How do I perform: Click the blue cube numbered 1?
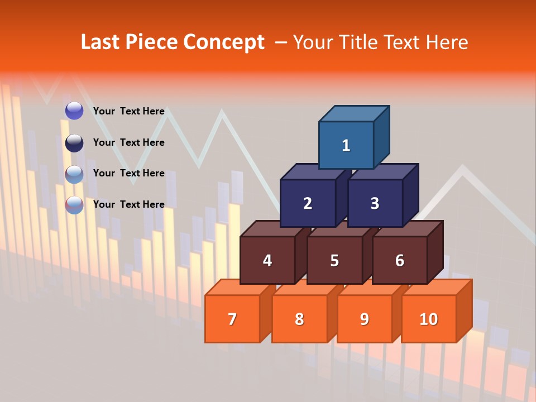point(346,145)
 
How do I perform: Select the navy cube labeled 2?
point(308,203)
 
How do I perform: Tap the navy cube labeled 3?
point(375,203)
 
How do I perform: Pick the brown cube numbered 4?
point(267,260)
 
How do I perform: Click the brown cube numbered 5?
point(334,260)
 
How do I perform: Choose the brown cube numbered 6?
point(399,260)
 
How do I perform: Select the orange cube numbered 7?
point(232,319)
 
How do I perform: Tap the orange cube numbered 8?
point(299,319)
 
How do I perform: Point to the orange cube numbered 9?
point(364,319)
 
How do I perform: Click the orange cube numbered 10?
point(429,319)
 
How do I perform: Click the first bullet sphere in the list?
point(74,111)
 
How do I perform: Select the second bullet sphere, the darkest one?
point(74,143)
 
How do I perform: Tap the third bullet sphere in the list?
point(74,174)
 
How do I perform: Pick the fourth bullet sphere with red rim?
point(74,205)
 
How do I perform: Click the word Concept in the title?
point(224,42)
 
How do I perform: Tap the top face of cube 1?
point(355,113)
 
